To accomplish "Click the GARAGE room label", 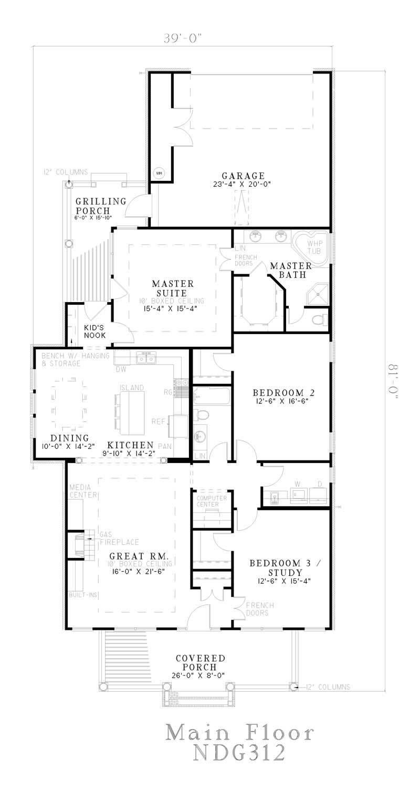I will pyautogui.click(x=243, y=176).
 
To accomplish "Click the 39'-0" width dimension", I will pyautogui.click(x=182, y=38).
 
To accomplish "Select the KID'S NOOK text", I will pyautogui.click(x=95, y=331).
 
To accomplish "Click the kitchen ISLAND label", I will pyautogui.click(x=131, y=388).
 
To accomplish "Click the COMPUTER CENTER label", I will pyautogui.click(x=211, y=501).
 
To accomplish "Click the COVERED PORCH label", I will pyautogui.click(x=200, y=662).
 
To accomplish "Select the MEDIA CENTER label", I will pyautogui.click(x=82, y=491).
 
